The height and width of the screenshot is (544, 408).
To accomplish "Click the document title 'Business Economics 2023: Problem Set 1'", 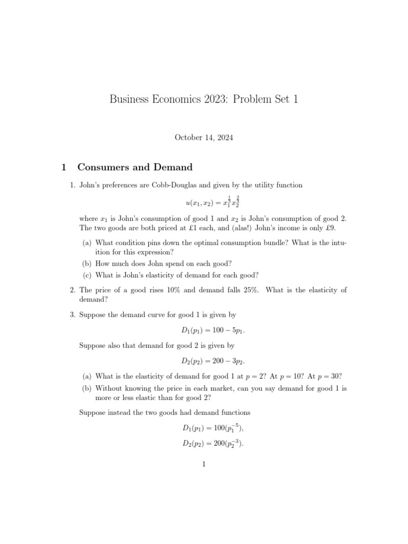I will (203, 99).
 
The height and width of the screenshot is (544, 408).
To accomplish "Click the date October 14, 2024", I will (203, 137).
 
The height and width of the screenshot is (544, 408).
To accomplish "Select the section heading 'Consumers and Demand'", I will (135, 167).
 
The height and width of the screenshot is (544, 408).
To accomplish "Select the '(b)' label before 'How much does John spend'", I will (87, 263).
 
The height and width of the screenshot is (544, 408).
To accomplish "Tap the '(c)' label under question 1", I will (87, 275).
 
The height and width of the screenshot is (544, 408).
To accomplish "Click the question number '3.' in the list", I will (73, 315).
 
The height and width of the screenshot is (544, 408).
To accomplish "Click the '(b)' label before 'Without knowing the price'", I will (87, 388).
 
